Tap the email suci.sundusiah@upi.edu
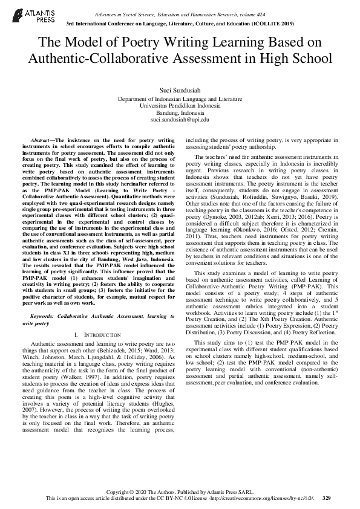[x=180, y=120]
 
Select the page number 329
[x=327, y=498]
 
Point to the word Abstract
[x=43, y=140]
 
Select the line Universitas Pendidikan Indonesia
[x=180, y=105]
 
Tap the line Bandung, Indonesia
[x=180, y=112]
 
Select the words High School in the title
[x=296, y=59]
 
